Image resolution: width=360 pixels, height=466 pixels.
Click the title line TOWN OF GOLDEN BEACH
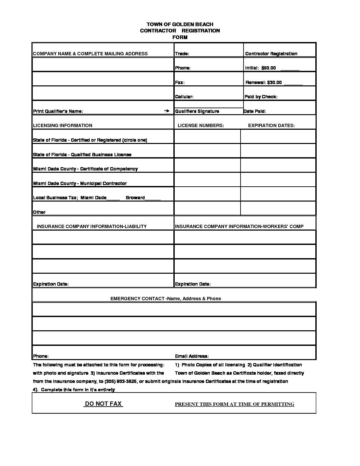(180, 24)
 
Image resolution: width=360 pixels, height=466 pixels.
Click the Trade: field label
(182, 54)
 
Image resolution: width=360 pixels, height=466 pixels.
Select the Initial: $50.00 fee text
(260, 68)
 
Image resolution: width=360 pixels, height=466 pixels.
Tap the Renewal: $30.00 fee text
(264, 82)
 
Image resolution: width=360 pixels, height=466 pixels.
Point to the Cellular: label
(184, 97)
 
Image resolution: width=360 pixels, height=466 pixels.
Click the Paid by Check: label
(261, 97)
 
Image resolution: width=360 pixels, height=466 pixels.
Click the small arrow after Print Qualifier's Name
(167, 111)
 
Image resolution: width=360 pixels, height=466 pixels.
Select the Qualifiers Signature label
(197, 111)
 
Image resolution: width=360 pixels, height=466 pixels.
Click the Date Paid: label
(255, 111)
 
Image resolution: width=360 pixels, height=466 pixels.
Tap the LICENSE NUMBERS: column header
(201, 125)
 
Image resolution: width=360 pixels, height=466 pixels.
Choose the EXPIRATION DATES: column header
(271, 125)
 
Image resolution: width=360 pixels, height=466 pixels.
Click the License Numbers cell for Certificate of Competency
(207, 165)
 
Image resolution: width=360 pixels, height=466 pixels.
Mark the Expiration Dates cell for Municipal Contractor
(278, 180)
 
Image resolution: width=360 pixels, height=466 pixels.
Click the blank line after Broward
(153, 198)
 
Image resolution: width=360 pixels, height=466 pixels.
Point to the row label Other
(39, 212)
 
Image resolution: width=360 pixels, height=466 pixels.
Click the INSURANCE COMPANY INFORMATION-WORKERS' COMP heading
(239, 226)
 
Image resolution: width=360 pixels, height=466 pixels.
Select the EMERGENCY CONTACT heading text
(166, 299)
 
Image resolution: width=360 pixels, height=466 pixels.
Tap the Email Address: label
(192, 356)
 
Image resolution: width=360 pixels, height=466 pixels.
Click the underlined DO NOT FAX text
(103, 404)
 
